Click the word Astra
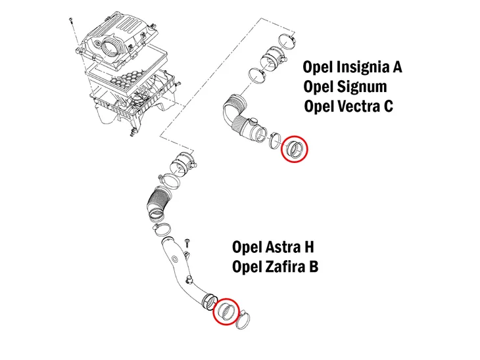pyautogui.click(x=281, y=248)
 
